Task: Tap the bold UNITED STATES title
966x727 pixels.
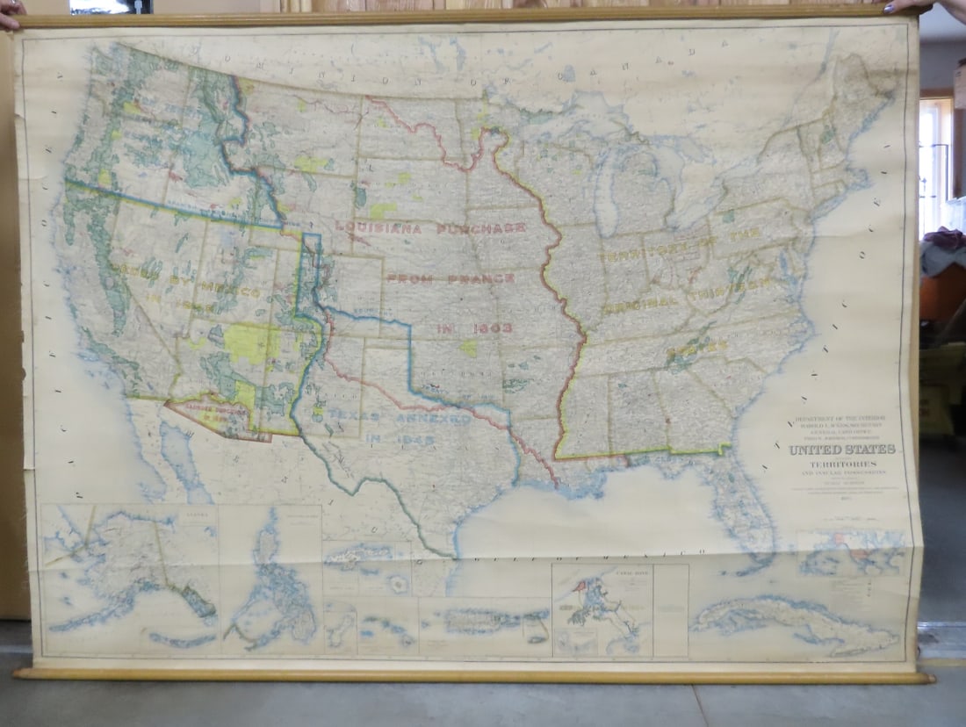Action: [842, 450]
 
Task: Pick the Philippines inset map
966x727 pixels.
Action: [272, 579]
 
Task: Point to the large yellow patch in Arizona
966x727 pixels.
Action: [247, 342]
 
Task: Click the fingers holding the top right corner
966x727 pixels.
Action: [913, 7]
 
